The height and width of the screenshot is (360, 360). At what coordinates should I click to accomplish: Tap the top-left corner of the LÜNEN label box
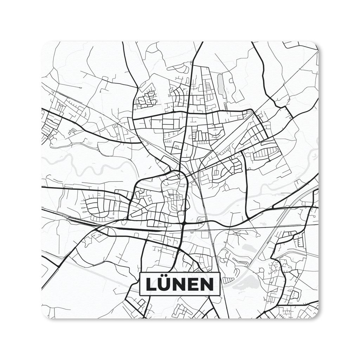tap(140, 273)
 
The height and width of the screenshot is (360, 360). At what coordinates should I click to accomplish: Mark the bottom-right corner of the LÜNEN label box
tap(219, 295)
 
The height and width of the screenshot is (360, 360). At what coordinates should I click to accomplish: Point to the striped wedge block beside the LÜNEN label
tap(228, 280)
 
